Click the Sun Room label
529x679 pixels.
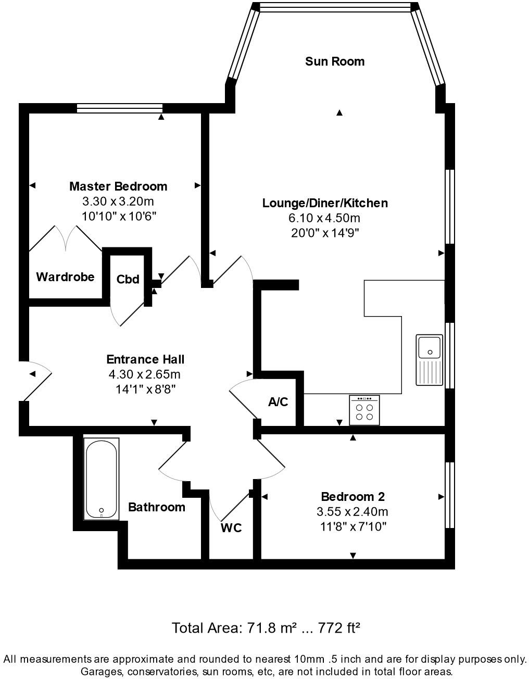[334, 61]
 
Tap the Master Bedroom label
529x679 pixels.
[118, 186]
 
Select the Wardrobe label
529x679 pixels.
[65, 277]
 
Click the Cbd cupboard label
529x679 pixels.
[128, 280]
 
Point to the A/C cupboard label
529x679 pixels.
[278, 402]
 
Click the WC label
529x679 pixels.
[231, 528]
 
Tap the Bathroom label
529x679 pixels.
[157, 507]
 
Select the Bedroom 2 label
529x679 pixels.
[352, 497]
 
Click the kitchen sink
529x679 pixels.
[429, 360]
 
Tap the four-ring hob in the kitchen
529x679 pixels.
[364, 411]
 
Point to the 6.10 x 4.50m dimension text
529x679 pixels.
[325, 218]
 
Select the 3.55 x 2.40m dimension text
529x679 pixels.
[352, 512]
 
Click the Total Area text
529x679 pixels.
[266, 628]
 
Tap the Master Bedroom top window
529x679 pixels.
[119, 108]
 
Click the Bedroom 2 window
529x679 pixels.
[450, 495]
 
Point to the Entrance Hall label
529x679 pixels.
[145, 359]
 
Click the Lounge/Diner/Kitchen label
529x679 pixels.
[325, 203]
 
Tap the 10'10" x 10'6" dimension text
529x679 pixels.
[119, 216]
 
